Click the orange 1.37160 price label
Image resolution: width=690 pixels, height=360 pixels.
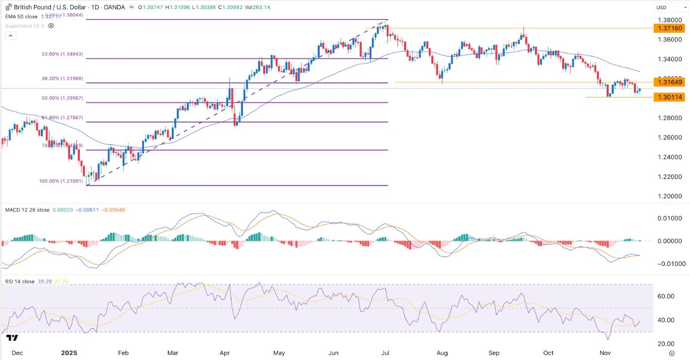click(x=668, y=28)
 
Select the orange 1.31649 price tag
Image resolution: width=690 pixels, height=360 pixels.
click(x=668, y=82)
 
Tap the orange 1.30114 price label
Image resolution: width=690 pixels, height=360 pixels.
click(x=668, y=97)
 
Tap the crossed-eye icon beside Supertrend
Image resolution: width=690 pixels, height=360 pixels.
click(x=51, y=25)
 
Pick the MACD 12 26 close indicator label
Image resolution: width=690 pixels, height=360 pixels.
click(x=27, y=209)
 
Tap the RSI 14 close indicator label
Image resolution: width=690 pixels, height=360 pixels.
click(x=20, y=282)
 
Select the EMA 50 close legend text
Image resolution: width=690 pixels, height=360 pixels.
click(x=21, y=17)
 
